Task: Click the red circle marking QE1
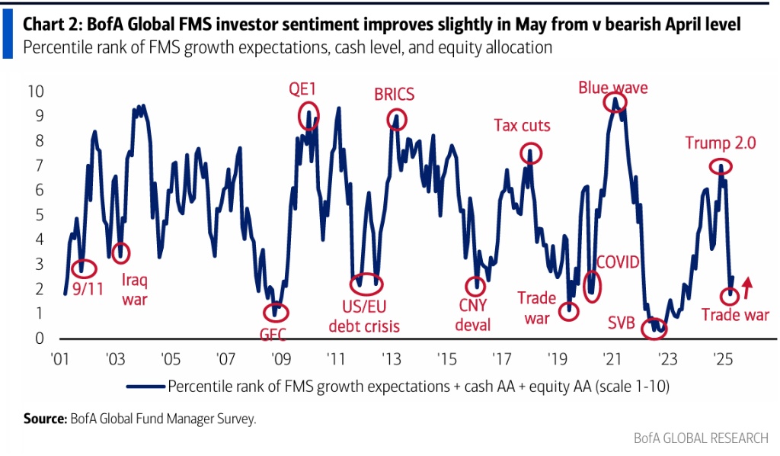pyautogui.click(x=308, y=114)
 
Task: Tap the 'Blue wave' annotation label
pyautogui.click(x=612, y=87)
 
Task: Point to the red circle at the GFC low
pyautogui.click(x=276, y=312)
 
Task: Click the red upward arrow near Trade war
pyautogui.click(x=747, y=286)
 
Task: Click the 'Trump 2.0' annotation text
pyautogui.click(x=720, y=143)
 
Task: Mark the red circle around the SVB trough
pyautogui.click(x=654, y=329)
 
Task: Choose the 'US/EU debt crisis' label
pyautogui.click(x=364, y=317)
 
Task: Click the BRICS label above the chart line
pyautogui.click(x=394, y=95)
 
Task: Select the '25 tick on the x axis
pyautogui.click(x=721, y=358)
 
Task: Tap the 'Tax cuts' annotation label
pyautogui.click(x=522, y=125)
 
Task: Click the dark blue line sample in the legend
pyautogui.click(x=146, y=384)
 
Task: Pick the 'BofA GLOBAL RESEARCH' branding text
pyautogui.click(x=702, y=438)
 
